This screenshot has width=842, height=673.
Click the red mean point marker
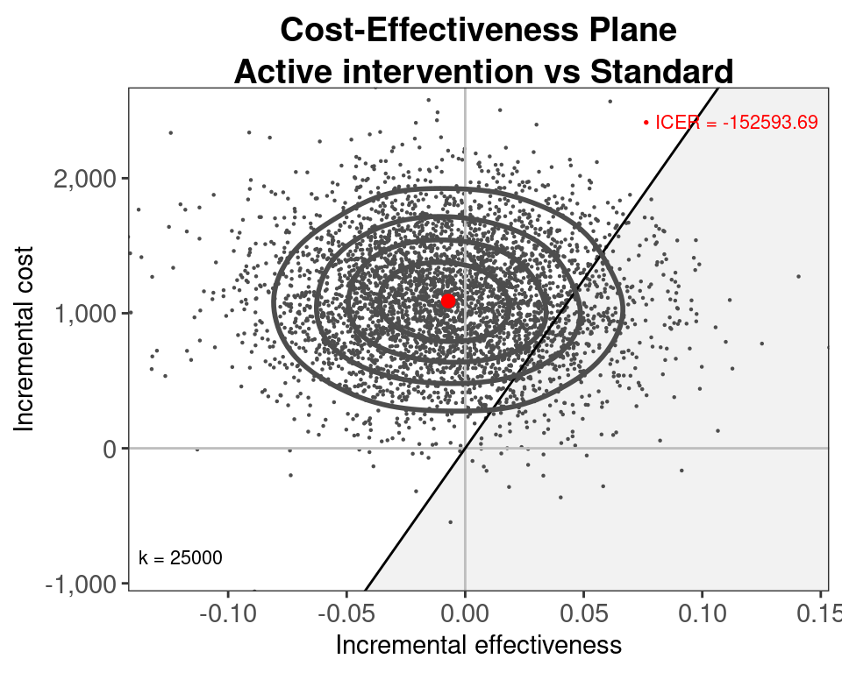tap(448, 301)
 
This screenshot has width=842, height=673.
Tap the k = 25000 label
tap(181, 558)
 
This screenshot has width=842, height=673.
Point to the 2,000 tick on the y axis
tap(84, 179)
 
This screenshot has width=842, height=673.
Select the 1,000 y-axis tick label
tap(84, 314)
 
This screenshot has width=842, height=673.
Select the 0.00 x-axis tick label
tap(465, 611)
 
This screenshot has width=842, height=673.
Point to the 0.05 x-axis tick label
tap(583, 611)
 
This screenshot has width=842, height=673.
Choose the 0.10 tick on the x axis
tap(702, 611)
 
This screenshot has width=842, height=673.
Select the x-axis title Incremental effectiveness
tap(479, 646)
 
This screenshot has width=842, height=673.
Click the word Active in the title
tap(280, 72)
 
